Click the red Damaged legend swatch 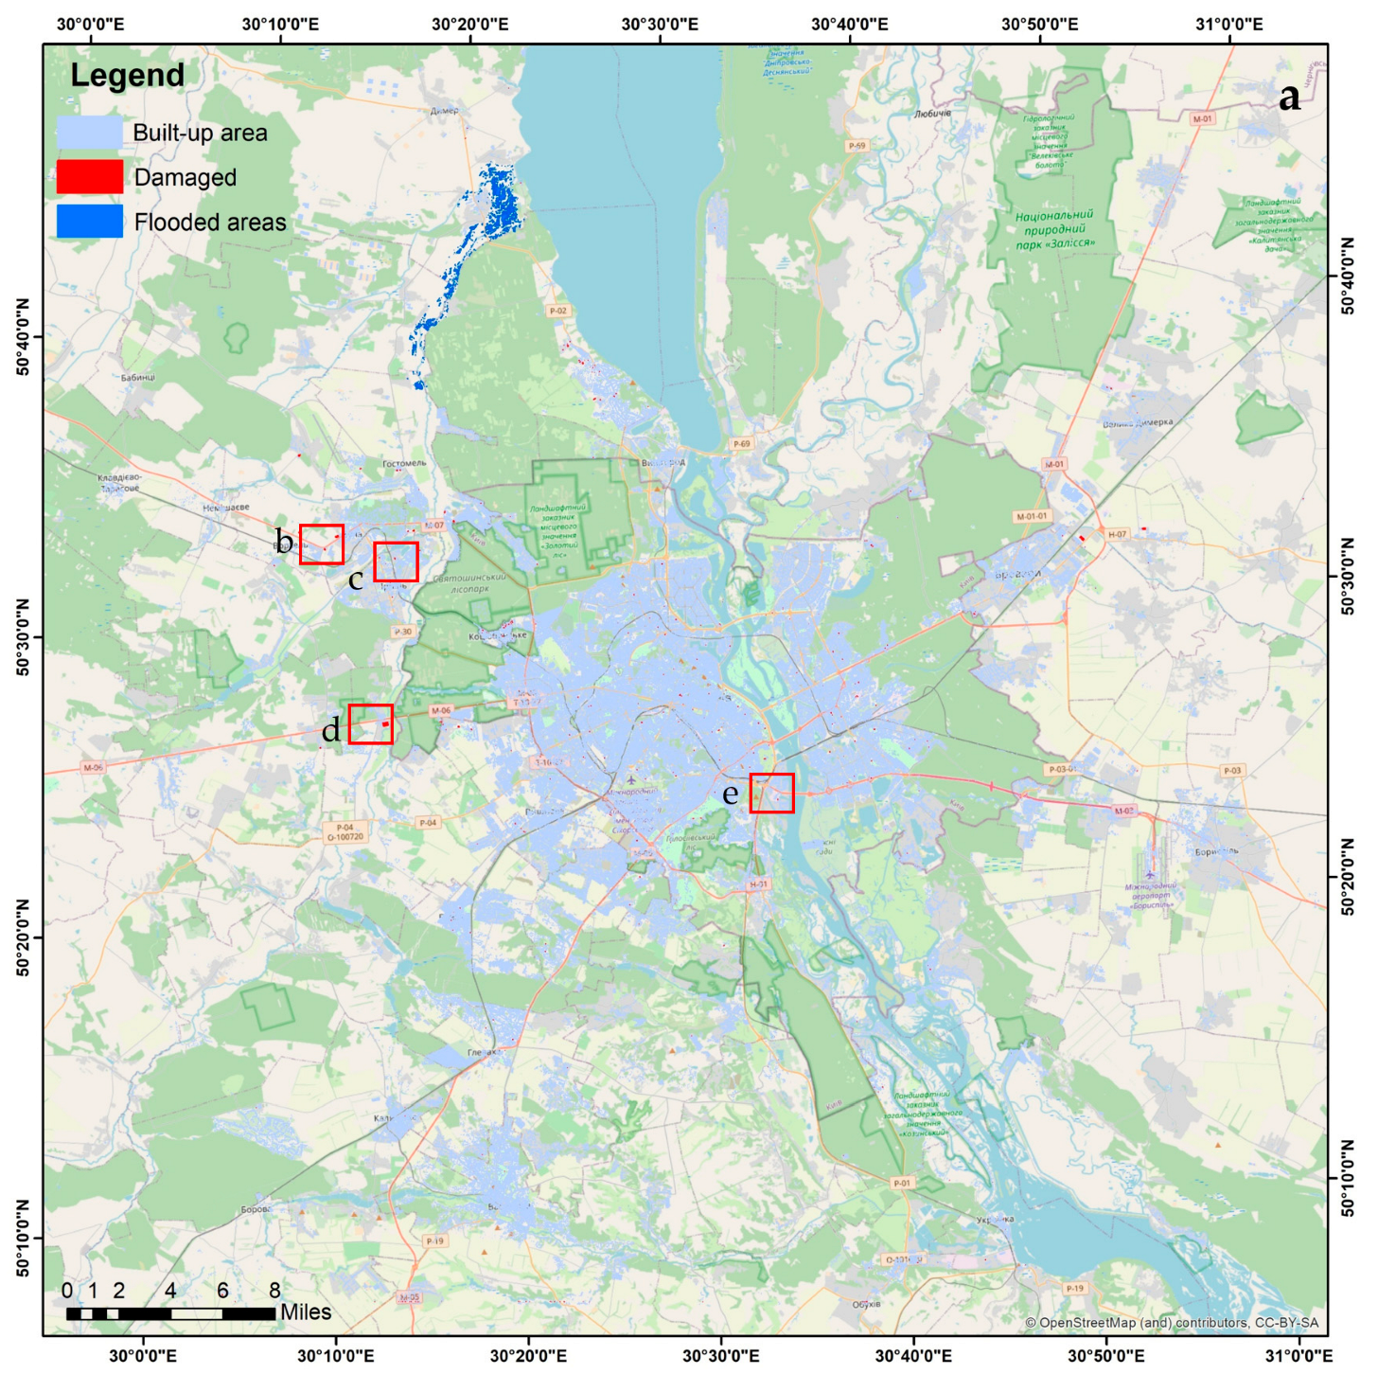[90, 177]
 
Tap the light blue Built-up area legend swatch [90, 133]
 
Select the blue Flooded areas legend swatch [90, 222]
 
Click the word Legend [128, 76]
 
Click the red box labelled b [322, 544]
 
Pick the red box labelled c [396, 562]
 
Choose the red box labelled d [370, 724]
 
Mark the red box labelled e [771, 794]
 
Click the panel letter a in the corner [1289, 97]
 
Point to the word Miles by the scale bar [306, 1312]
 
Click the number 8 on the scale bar [274, 1291]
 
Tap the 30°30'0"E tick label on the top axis [660, 24]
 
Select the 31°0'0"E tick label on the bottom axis [1298, 1355]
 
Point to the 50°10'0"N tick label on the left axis [23, 1238]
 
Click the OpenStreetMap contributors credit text [1172, 1323]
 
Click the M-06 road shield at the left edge [93, 768]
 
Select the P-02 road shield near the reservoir [558, 311]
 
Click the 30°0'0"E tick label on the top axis [90, 24]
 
